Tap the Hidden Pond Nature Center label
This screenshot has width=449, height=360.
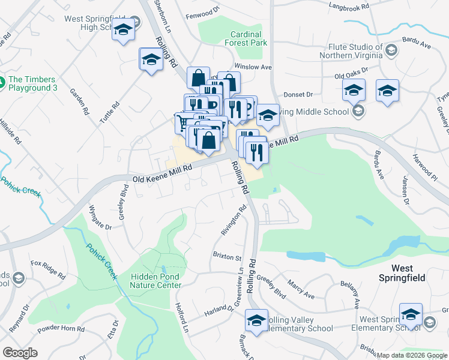[155, 280]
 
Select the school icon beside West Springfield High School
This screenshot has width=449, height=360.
[123, 30]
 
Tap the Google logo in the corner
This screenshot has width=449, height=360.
[20, 353]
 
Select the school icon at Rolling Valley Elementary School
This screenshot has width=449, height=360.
[256, 321]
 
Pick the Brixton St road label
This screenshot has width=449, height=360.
[227, 256]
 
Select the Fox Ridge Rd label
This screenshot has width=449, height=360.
[49, 269]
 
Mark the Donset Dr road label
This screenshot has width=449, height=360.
[298, 95]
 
